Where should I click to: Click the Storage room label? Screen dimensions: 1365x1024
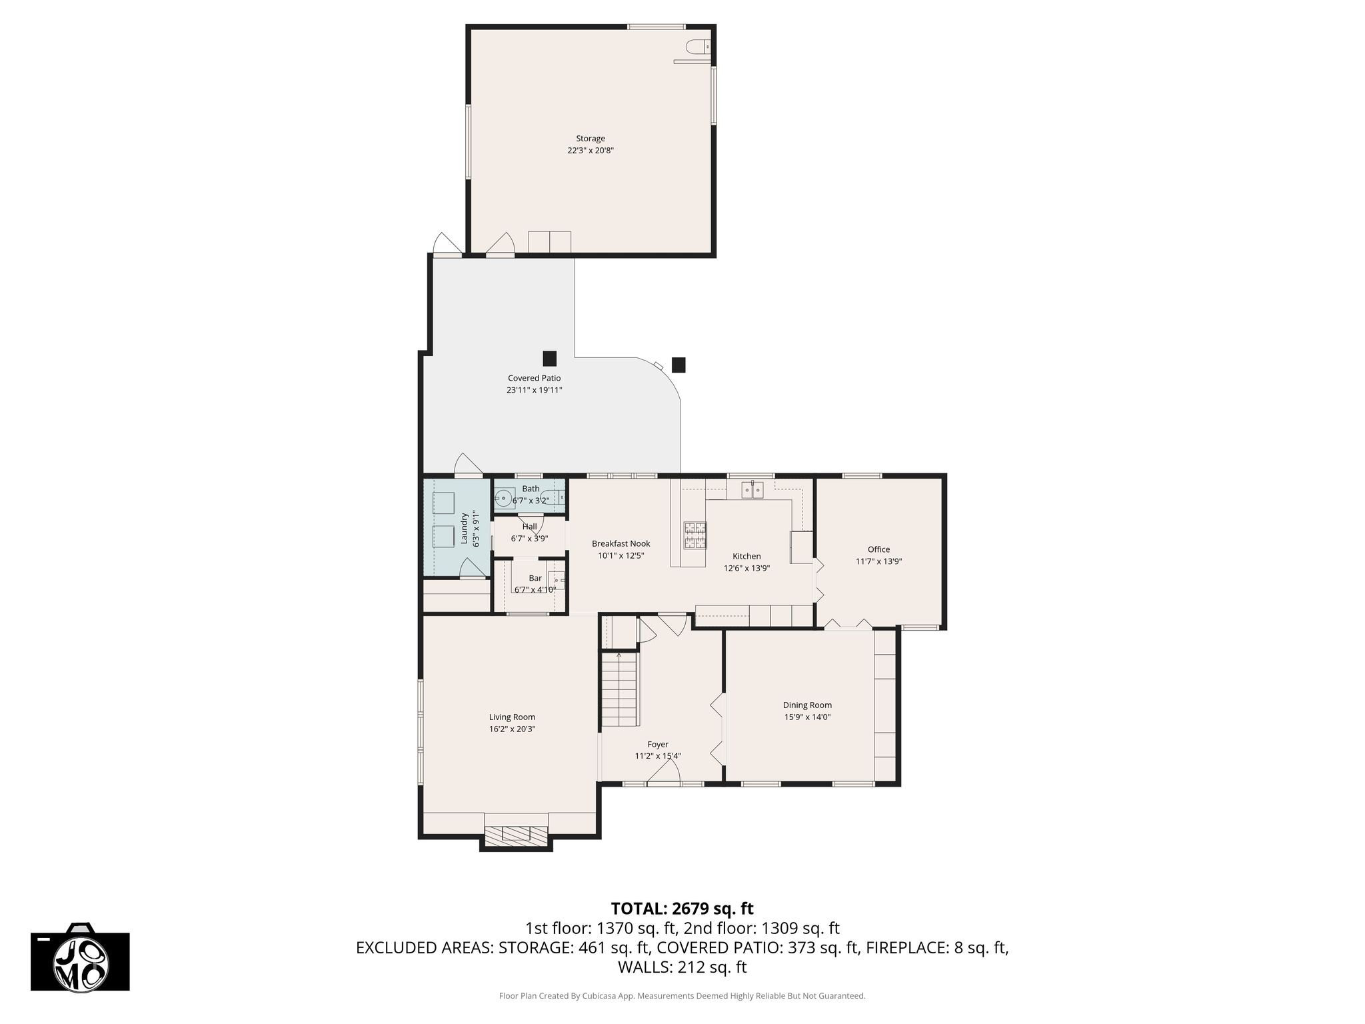tap(591, 139)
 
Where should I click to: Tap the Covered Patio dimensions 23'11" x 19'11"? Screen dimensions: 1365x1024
tap(535, 390)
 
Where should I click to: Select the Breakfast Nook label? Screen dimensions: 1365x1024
tap(621, 543)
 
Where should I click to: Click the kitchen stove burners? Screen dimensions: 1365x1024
tap(694, 535)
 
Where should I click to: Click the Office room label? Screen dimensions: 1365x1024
tap(878, 549)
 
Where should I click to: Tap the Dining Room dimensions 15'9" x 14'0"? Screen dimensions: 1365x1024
tap(807, 717)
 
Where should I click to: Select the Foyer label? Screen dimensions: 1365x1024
tap(658, 744)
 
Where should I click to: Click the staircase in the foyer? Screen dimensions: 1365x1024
tap(621, 689)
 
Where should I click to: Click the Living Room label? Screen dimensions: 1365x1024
tap(512, 717)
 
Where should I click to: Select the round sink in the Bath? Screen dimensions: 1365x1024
tap(504, 497)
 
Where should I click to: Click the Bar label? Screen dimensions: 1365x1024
tap(535, 578)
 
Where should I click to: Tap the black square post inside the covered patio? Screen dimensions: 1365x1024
tap(549, 359)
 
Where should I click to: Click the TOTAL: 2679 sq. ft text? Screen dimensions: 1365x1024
tap(682, 908)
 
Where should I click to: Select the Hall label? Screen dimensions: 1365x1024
tap(529, 527)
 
